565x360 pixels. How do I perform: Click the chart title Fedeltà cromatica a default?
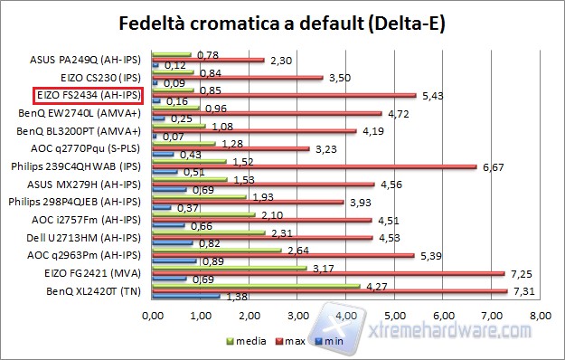pyautogui.click(x=282, y=22)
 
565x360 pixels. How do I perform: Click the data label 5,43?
pyautogui.click(x=433, y=95)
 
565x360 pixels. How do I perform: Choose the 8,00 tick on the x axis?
pyautogui.click(x=540, y=317)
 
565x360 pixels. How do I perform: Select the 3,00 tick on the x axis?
pyautogui.click(x=298, y=317)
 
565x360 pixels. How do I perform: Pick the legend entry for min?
pyautogui.click(x=338, y=342)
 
